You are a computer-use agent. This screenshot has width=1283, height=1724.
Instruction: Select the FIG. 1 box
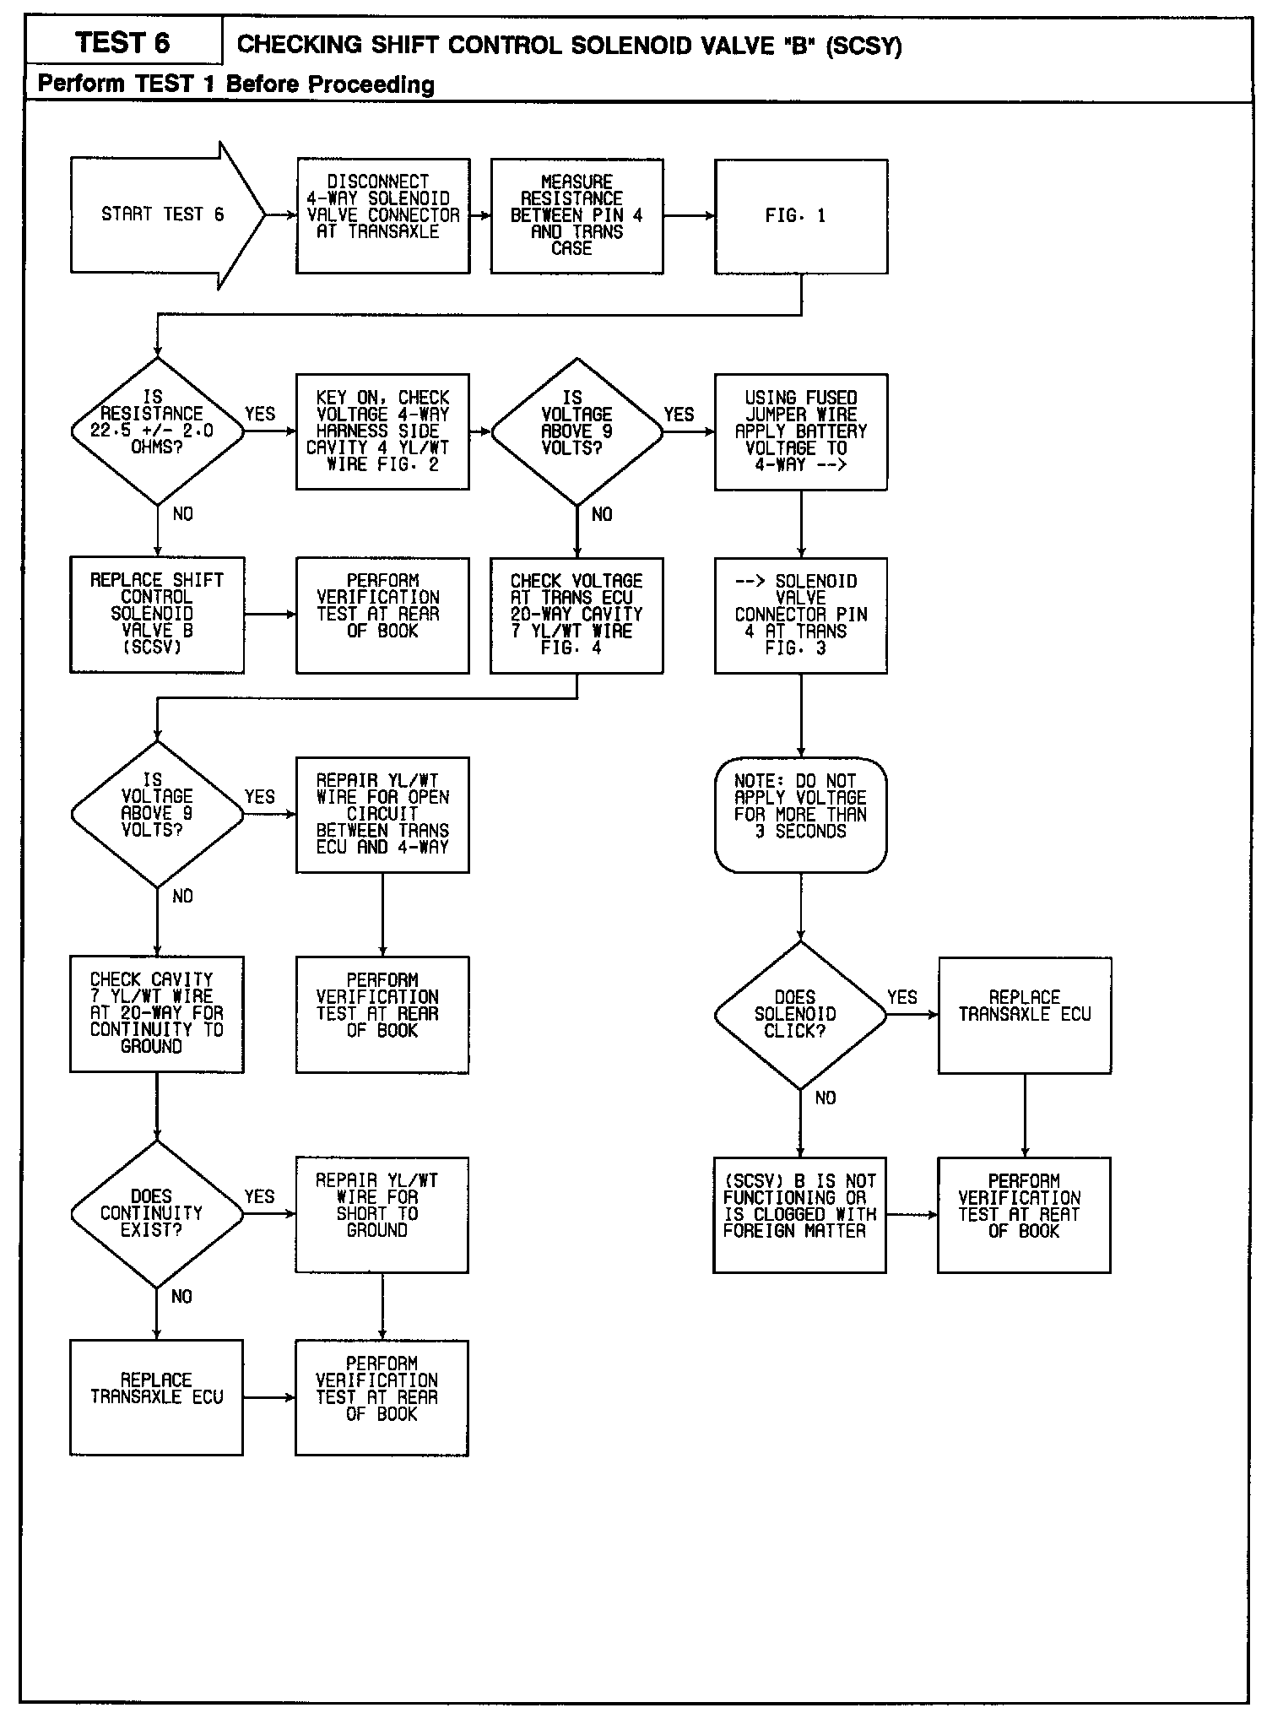point(800,216)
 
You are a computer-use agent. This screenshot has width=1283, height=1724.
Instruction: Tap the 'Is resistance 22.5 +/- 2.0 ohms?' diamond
point(157,431)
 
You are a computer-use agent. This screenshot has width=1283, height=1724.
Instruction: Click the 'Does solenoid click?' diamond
point(799,1015)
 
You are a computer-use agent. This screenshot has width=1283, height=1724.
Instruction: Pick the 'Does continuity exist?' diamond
point(157,1214)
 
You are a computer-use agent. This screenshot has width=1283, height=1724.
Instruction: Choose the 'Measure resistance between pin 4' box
point(577,216)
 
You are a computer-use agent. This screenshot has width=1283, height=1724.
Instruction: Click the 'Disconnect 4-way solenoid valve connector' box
point(383,216)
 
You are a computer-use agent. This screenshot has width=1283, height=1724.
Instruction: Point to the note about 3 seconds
point(800,814)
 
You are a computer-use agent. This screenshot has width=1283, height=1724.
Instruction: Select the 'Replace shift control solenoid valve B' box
point(157,615)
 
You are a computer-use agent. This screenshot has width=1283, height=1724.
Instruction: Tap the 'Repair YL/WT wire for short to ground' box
point(382,1214)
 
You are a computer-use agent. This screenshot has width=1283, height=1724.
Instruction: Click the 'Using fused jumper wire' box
point(800,431)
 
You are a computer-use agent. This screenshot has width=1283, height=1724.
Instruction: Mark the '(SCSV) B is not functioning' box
point(799,1214)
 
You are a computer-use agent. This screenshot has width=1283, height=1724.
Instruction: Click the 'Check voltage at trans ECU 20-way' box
point(577,615)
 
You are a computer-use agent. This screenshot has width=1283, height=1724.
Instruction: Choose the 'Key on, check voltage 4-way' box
point(382,431)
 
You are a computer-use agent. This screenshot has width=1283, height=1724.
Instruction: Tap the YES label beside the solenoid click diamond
point(901,997)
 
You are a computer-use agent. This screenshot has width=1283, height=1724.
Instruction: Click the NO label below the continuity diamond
point(181,1297)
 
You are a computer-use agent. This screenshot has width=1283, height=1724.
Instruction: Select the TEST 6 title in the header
point(123,42)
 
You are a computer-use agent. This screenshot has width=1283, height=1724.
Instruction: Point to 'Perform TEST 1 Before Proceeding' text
point(236,84)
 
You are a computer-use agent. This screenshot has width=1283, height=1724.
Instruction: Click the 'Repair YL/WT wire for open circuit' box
point(382,814)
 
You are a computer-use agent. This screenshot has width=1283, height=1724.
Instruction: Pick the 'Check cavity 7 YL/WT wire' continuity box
point(157,1014)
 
